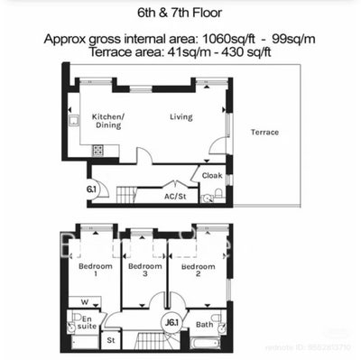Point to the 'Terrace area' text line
coord(180,53)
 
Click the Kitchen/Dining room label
coord(108,121)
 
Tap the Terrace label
coord(264,133)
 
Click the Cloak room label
coord(212,176)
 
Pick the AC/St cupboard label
coord(174,196)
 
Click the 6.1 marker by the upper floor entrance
coord(91,189)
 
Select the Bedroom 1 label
coord(95,272)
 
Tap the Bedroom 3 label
coord(144,272)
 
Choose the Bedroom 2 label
coord(198,272)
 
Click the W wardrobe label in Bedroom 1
coord(84,301)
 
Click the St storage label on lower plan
coord(112,341)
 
